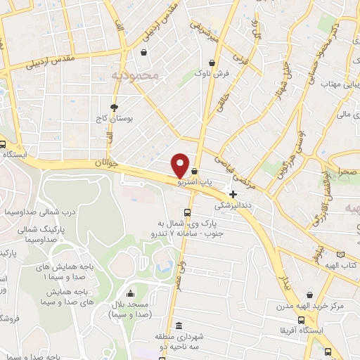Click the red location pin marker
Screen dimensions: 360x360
pyautogui.click(x=181, y=165)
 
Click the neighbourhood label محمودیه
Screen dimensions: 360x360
pyautogui.click(x=136, y=73)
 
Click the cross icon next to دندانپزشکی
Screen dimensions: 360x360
pyautogui.click(x=233, y=194)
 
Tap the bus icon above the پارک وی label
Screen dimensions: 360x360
pyautogui.click(x=186, y=212)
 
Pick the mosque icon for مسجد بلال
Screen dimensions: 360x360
pyautogui.click(x=129, y=294)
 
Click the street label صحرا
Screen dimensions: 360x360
pyautogui.click(x=345, y=172)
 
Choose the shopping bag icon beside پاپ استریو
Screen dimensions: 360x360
pyautogui.click(x=194, y=171)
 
